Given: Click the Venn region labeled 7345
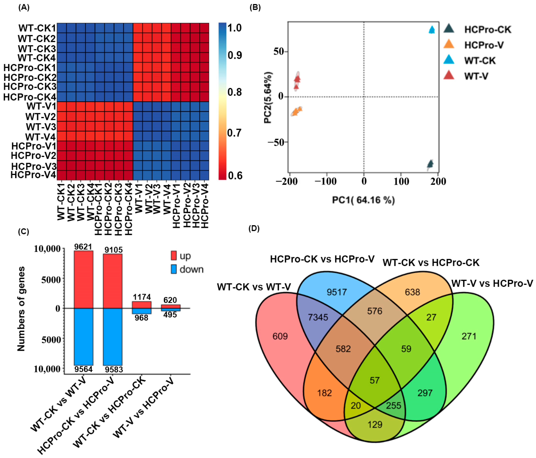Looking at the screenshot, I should (x=318, y=317).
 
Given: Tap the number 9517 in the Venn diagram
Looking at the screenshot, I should (x=336, y=292).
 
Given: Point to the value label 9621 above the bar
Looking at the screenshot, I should (x=83, y=247).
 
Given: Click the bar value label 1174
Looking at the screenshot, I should (x=142, y=297).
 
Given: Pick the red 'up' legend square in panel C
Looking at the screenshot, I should (x=174, y=255).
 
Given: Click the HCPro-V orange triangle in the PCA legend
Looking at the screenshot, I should (x=449, y=44).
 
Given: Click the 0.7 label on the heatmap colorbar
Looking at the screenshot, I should (x=234, y=133).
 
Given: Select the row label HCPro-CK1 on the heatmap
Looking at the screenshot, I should (x=30, y=68).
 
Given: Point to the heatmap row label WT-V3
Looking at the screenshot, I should (x=41, y=127).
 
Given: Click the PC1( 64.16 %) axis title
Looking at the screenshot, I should (x=363, y=200).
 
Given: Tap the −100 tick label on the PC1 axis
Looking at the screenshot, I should (x=325, y=181).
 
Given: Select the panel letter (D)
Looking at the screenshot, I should (x=254, y=229).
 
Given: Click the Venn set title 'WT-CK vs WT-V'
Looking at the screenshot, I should (x=254, y=287).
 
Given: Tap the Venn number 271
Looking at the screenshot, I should (x=469, y=336).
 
